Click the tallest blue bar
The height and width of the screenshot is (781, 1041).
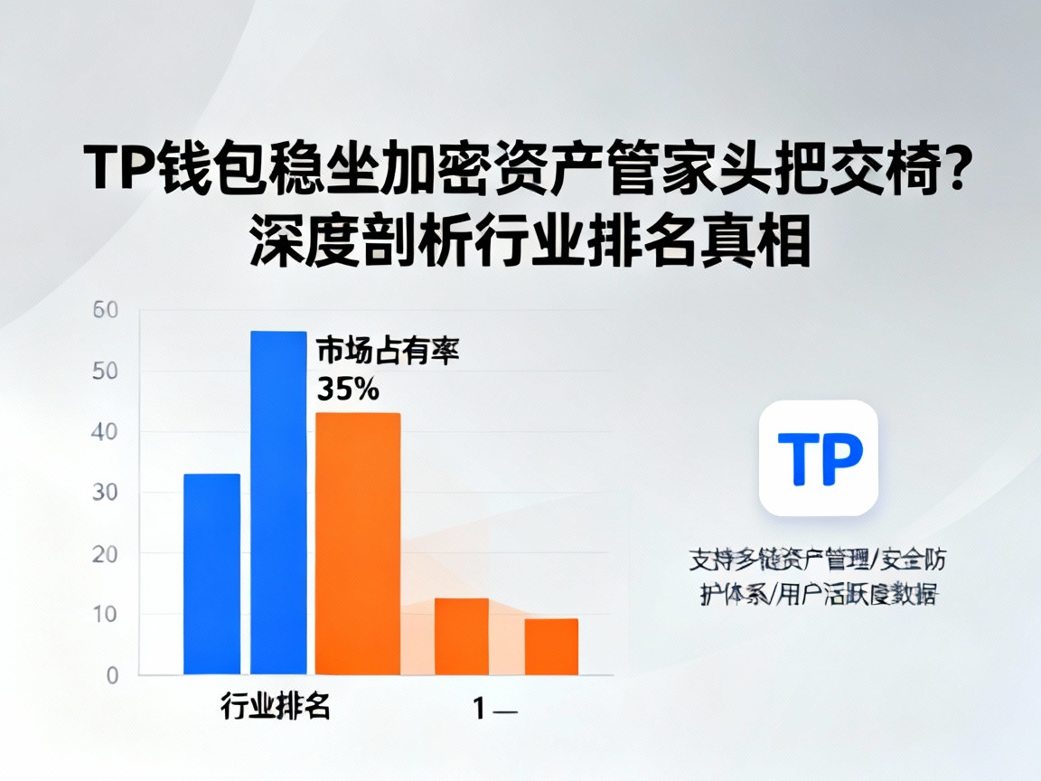coord(278,503)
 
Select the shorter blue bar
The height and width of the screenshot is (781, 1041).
coord(211,574)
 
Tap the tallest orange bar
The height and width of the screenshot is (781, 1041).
coord(358,543)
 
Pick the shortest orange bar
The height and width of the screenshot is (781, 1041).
coord(551,646)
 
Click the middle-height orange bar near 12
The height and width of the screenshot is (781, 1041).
coord(462,636)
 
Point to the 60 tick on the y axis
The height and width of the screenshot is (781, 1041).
coord(106,311)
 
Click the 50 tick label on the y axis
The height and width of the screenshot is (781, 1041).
coord(106,372)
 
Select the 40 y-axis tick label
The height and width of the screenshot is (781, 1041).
coord(106,432)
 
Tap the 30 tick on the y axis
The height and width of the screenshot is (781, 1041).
coord(106,493)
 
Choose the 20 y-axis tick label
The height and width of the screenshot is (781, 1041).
coord(106,553)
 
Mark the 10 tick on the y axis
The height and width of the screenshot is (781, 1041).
coord(106,615)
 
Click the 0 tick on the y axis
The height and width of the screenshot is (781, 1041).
coord(112,675)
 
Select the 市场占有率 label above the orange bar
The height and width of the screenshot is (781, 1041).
coord(388,351)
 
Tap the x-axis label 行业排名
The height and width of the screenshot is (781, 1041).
coord(275,706)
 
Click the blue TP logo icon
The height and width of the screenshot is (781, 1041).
coord(819,458)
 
